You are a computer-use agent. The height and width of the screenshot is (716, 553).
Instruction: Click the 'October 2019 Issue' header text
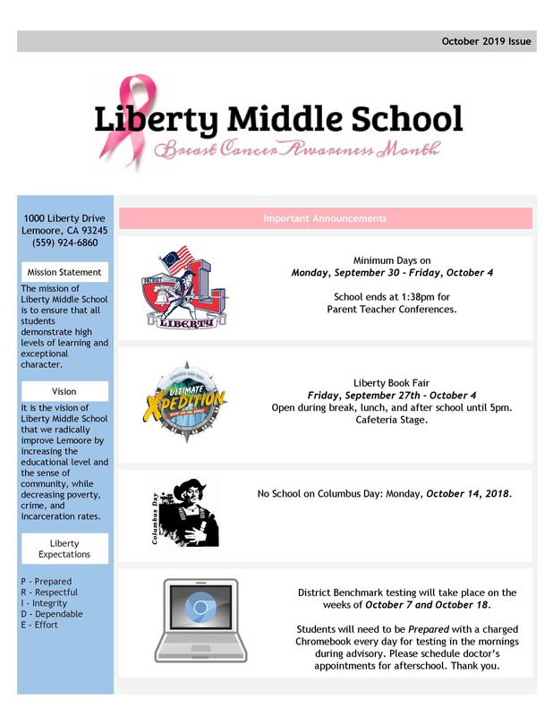click(x=486, y=41)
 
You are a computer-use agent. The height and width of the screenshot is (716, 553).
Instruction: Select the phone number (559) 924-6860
click(x=64, y=243)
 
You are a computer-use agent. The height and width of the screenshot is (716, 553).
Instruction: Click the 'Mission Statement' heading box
click(x=64, y=272)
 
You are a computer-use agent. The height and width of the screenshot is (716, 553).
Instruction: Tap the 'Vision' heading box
click(x=64, y=391)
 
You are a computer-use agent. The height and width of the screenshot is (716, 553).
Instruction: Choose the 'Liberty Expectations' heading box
click(x=64, y=549)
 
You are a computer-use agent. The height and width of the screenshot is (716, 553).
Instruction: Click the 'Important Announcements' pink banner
click(x=325, y=218)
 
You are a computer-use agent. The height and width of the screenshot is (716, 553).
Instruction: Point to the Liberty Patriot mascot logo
click(x=184, y=287)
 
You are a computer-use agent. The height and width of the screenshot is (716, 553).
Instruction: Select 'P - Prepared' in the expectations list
click(x=46, y=582)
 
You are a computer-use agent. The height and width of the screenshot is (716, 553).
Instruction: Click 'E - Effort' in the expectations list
click(x=40, y=625)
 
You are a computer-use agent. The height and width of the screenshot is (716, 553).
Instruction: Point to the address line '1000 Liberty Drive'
click(x=64, y=218)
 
